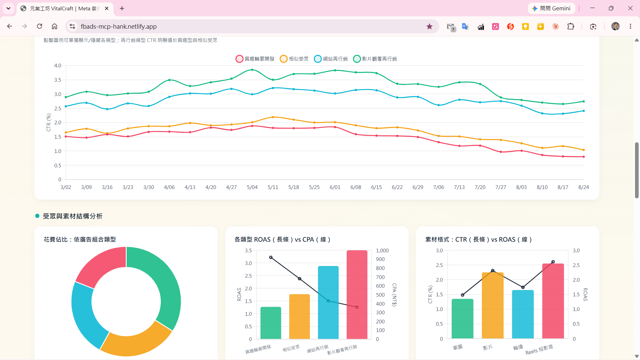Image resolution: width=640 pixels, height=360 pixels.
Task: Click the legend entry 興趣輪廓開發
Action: (x=255, y=59)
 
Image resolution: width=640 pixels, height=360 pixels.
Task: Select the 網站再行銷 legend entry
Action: (x=331, y=59)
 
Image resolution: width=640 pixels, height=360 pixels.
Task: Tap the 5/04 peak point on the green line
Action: (x=252, y=70)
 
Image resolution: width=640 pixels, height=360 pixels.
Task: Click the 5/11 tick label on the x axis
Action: (x=273, y=187)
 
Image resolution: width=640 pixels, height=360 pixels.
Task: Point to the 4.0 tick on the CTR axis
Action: (x=58, y=66)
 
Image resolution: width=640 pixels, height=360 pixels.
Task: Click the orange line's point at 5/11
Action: (x=273, y=117)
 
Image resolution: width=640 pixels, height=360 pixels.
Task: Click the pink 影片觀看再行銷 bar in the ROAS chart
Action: (x=357, y=295)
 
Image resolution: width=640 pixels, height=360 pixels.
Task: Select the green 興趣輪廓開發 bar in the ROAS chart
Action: (x=271, y=323)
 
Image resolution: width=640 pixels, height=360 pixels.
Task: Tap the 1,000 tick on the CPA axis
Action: (x=382, y=251)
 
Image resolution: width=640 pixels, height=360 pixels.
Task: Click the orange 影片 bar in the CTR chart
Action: (x=493, y=305)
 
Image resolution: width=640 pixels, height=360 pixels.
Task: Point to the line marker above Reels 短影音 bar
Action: (x=553, y=262)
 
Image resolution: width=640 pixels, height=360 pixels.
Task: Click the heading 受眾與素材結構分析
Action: (x=73, y=216)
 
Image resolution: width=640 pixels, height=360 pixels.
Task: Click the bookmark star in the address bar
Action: (x=429, y=27)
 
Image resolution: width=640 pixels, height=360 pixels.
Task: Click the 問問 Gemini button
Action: (x=552, y=8)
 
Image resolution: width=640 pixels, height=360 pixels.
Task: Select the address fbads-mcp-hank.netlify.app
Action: (x=119, y=27)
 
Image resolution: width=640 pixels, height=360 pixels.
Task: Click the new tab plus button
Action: (x=122, y=8)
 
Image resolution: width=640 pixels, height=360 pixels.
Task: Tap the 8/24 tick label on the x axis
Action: (x=584, y=187)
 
